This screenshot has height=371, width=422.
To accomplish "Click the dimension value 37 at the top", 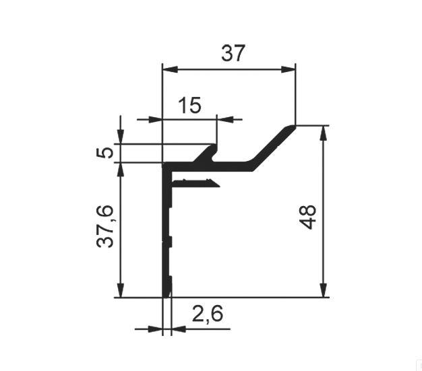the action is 233,53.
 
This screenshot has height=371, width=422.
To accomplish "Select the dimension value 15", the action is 189,106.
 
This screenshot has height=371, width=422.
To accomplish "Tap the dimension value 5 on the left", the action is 104,153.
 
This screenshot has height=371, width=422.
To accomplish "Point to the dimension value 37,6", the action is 105,226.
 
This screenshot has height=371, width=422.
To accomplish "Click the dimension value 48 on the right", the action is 307,217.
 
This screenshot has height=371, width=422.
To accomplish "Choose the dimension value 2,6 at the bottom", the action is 208,314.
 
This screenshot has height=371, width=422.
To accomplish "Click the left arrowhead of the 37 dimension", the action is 170,69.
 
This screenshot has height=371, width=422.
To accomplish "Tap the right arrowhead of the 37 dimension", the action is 289,69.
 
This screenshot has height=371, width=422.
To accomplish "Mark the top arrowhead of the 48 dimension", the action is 324,133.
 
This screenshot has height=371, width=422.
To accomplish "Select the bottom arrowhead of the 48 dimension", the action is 324,290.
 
